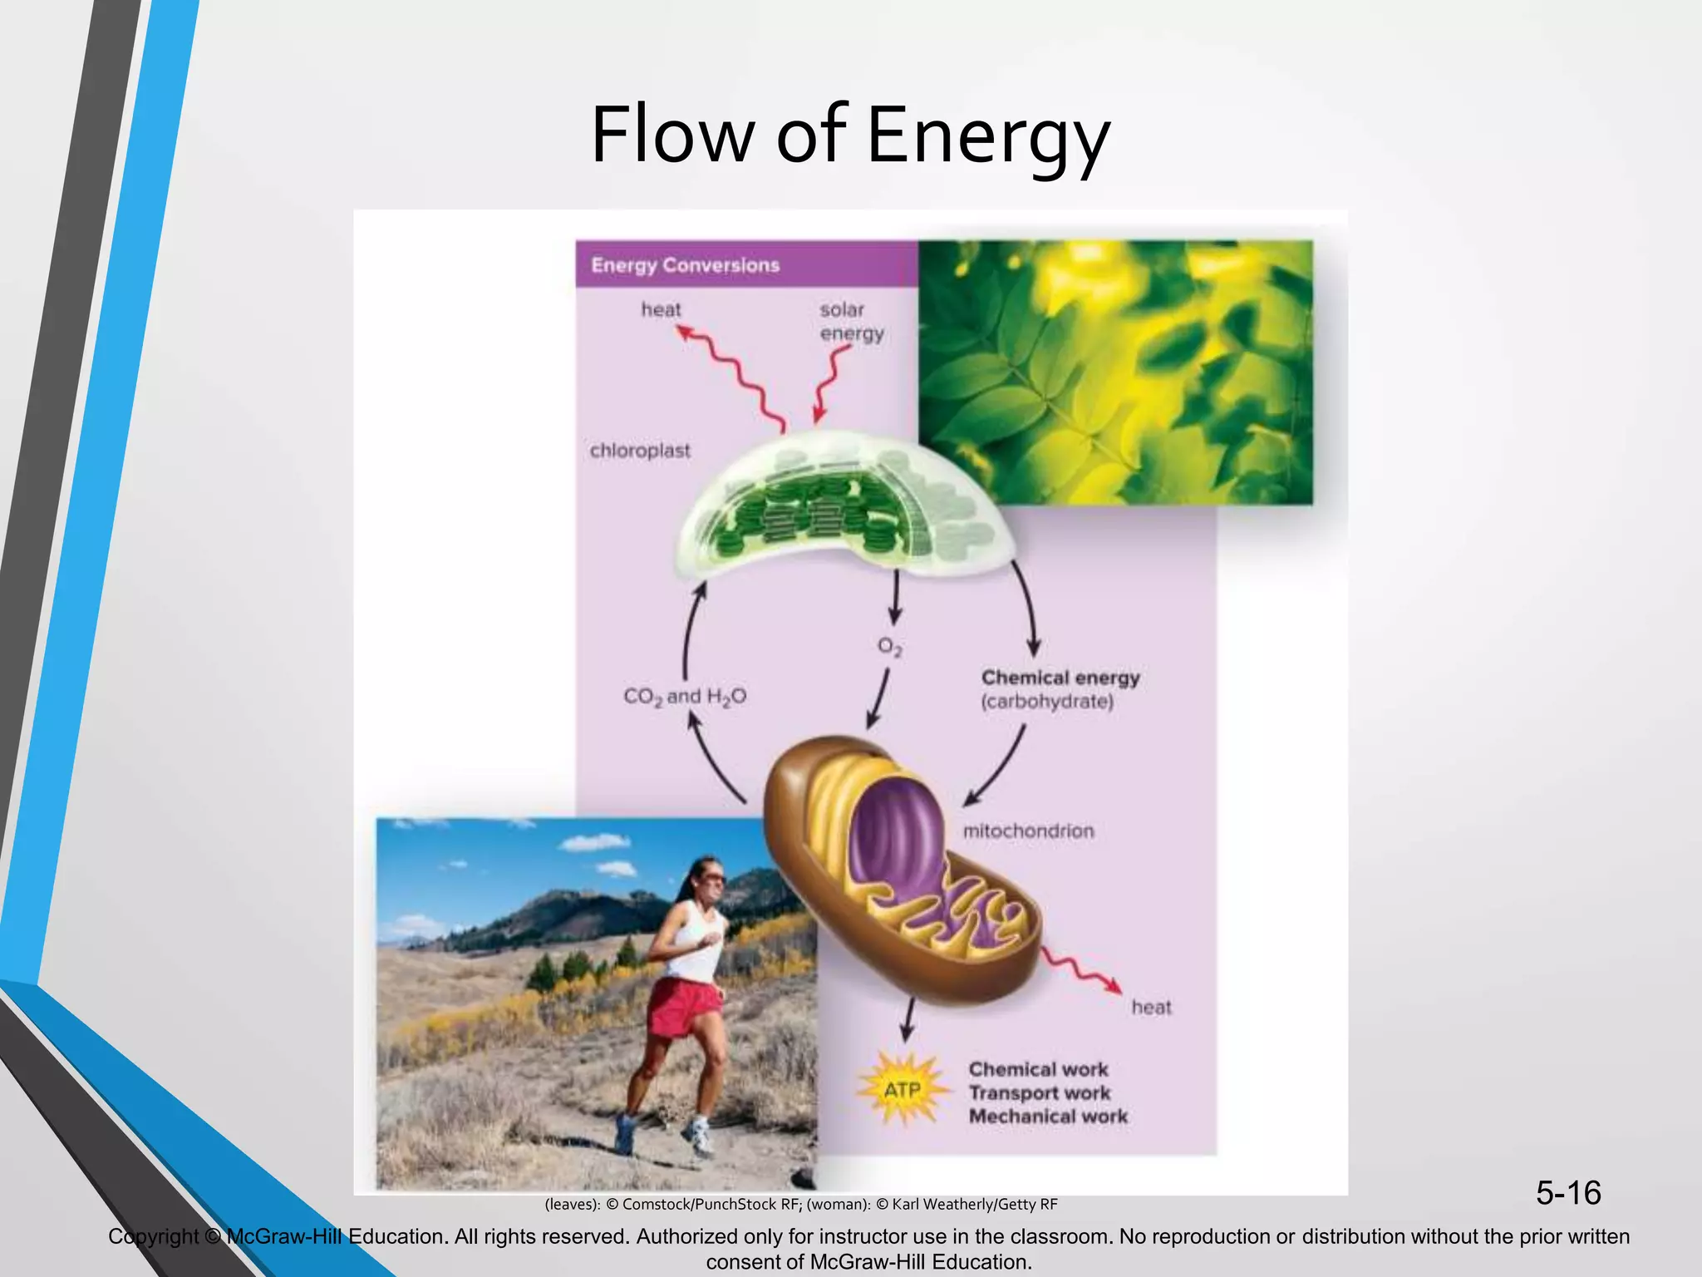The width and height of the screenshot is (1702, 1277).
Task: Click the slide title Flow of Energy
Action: click(849, 135)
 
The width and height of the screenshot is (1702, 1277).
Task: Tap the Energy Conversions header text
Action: click(685, 265)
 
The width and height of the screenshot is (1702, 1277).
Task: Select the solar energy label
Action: click(851, 322)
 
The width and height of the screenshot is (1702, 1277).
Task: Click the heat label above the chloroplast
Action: click(661, 310)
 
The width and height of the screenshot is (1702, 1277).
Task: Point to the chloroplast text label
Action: click(640, 451)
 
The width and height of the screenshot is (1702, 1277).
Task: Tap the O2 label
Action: click(890, 647)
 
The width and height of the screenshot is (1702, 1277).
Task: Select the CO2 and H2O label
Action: click(685, 697)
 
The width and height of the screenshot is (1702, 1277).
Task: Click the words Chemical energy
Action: click(1060, 678)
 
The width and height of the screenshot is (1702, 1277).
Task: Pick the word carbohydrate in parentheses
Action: click(1047, 702)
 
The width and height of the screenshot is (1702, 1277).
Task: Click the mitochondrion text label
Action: click(1028, 831)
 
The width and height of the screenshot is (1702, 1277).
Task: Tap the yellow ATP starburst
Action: click(902, 1088)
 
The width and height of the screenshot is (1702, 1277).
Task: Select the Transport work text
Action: click(1039, 1093)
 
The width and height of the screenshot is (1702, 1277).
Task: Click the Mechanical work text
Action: click(1048, 1117)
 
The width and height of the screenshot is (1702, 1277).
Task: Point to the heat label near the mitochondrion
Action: click(1151, 1008)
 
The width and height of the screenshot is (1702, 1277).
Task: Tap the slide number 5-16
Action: click(1567, 1193)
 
